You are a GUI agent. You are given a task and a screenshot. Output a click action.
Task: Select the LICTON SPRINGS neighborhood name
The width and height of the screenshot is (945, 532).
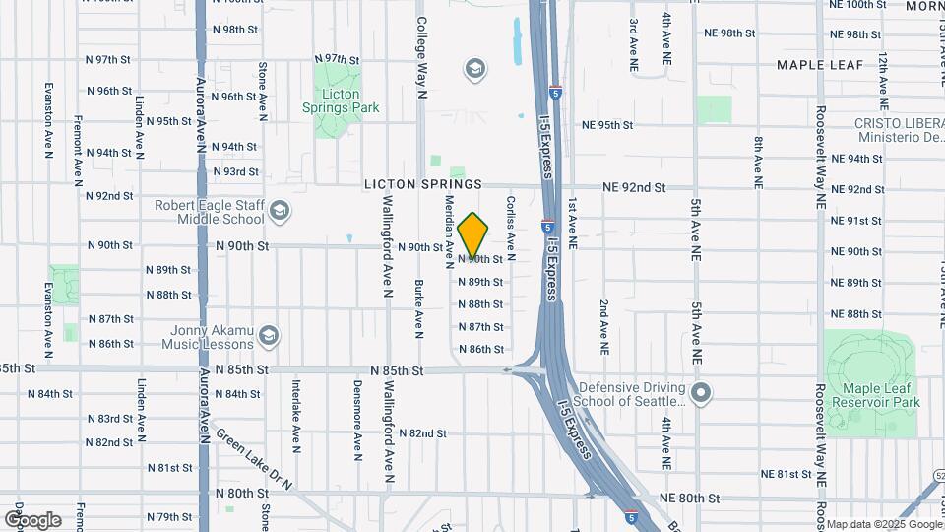point(423,184)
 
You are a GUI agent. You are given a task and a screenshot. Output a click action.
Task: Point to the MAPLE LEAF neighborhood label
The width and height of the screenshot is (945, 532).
point(819,65)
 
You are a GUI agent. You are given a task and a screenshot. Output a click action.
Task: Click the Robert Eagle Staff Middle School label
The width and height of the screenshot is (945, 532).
point(210,212)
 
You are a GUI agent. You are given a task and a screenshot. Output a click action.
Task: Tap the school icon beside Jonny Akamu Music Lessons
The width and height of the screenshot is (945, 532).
point(268,337)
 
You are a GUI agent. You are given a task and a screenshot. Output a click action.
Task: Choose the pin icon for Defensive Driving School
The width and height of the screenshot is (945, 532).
point(701,394)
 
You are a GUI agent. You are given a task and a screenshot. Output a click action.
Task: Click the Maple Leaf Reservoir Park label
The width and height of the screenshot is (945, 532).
point(875,395)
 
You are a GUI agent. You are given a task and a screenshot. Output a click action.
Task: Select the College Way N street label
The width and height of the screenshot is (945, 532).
point(421,58)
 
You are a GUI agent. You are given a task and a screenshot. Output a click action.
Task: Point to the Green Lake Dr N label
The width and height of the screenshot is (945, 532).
point(254,458)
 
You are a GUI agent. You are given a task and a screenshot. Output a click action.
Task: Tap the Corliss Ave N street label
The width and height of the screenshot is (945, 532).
point(511,222)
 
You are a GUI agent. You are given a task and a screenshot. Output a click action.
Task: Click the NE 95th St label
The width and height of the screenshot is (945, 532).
point(607,125)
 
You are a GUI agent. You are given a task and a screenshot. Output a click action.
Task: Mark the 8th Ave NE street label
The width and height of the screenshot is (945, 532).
point(758,163)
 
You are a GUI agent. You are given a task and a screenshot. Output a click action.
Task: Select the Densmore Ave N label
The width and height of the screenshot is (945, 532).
point(357,430)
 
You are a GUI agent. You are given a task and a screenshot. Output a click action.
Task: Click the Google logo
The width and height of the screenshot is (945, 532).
point(32,520)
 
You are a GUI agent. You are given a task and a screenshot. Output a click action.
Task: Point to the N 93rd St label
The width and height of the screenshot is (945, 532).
point(234,171)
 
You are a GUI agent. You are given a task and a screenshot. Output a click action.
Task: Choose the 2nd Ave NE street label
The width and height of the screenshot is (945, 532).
point(603,327)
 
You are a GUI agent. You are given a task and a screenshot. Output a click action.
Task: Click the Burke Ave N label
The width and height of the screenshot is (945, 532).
point(419,308)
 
